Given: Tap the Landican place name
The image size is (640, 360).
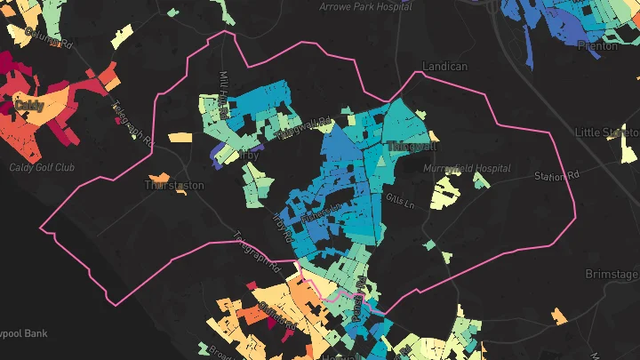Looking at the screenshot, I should coord(445,66).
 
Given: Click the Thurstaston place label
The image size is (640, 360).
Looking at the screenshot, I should coord(174,186).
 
